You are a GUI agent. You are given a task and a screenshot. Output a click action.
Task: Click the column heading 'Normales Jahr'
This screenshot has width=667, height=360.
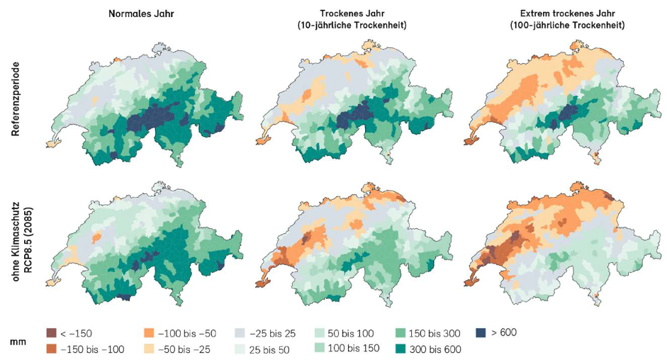(141, 13)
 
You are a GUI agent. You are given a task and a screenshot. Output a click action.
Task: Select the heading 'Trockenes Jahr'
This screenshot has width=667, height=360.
(353, 13)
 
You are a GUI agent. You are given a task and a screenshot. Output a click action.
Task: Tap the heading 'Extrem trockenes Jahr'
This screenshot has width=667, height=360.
(568, 13)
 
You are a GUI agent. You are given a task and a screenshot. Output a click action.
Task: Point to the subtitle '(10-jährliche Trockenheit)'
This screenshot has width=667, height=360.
(353, 26)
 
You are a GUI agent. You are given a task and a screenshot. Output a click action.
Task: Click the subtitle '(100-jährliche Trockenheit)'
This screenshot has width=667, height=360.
(568, 26)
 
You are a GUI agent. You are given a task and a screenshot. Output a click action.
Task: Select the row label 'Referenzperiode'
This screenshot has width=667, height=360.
(16, 99)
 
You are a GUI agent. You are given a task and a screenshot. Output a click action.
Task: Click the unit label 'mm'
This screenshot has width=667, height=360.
(18, 342)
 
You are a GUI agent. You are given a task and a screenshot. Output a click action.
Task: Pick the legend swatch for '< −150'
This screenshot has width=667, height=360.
(51, 333)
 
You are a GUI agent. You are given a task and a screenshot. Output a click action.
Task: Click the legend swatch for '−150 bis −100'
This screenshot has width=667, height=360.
(51, 349)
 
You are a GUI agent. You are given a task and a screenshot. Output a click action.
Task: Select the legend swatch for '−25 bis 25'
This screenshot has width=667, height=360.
(240, 333)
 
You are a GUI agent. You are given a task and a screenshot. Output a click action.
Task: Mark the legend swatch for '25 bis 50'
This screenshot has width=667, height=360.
(240, 349)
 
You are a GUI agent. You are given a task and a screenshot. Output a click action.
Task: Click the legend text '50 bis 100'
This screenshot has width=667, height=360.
(351, 333)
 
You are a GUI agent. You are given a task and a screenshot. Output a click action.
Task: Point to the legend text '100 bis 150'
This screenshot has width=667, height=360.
(354, 349)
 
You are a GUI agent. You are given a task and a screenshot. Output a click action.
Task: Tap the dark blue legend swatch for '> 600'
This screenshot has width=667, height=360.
(481, 332)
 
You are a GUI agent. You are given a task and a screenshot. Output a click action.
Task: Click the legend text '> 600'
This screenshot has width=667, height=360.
(504, 332)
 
